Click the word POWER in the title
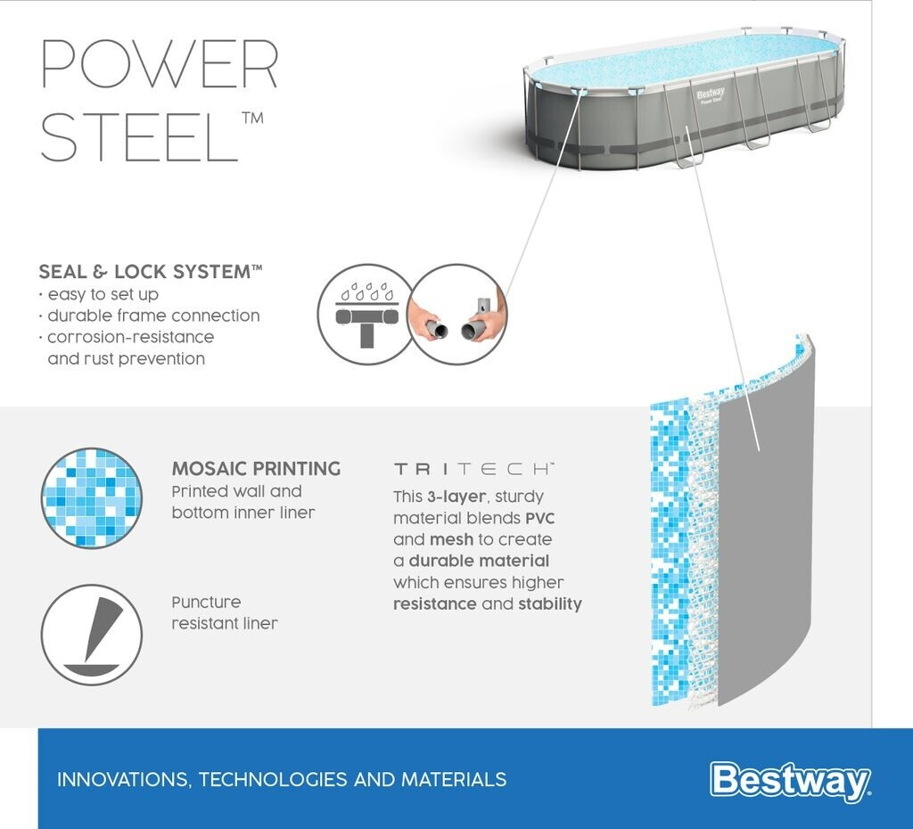(160, 64)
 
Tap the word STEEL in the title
(139, 136)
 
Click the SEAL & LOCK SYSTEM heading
(150, 271)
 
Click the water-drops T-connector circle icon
(366, 315)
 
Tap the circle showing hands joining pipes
(457, 315)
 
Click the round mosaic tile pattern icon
(92, 497)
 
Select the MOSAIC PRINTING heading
(256, 469)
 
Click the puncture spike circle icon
(92, 635)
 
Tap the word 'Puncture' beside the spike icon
(206, 602)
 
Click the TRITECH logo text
(474, 469)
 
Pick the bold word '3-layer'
(456, 497)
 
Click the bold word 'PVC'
(539, 518)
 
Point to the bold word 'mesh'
(451, 539)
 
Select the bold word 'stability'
(549, 604)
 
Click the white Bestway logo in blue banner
(790, 781)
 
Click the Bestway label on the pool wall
(711, 95)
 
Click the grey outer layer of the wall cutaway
(766, 524)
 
